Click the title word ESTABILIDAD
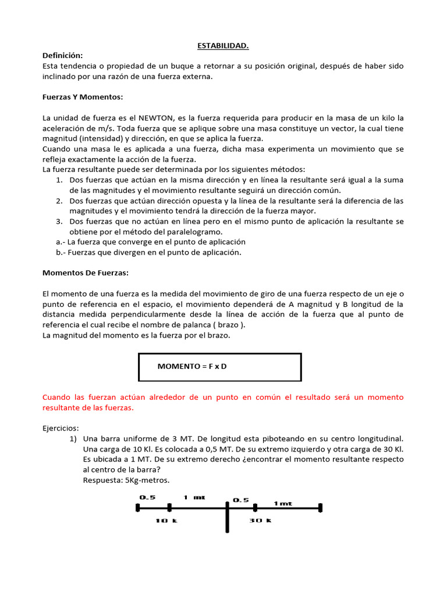pyautogui.click(x=223, y=45)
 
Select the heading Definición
pyautogui.click(x=63, y=55)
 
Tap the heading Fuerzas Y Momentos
pyautogui.click(x=83, y=96)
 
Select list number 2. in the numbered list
pyautogui.click(x=60, y=200)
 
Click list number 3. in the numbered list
pyautogui.click(x=60, y=221)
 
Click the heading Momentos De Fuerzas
pyautogui.click(x=86, y=273)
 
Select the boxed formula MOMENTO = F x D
pyautogui.click(x=196, y=366)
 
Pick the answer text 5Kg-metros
pyautogui.click(x=148, y=480)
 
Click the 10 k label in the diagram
pyautogui.click(x=165, y=521)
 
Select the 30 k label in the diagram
pyautogui.click(x=261, y=521)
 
